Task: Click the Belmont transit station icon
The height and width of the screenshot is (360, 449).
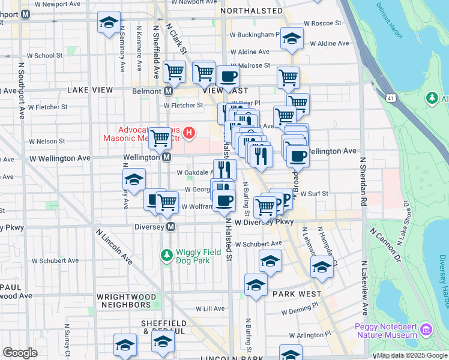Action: click(x=169, y=91)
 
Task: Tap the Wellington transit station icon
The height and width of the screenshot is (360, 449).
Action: click(x=166, y=157)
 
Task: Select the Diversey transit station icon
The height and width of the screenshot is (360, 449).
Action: click(x=171, y=227)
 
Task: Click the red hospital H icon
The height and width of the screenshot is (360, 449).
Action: click(x=190, y=132)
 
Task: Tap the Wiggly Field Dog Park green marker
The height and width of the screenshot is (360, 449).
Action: click(x=167, y=256)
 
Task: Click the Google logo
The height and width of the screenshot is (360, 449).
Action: click(x=20, y=353)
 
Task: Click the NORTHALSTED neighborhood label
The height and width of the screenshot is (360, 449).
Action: click(x=251, y=11)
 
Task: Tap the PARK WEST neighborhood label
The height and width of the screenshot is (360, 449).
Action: click(x=297, y=295)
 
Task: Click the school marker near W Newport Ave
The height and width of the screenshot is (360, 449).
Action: click(x=109, y=23)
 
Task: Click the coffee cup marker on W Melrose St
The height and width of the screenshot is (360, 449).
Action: click(x=228, y=77)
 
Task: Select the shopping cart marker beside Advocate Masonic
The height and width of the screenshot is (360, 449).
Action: click(x=160, y=137)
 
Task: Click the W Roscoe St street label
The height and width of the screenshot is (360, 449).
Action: click(x=322, y=23)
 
